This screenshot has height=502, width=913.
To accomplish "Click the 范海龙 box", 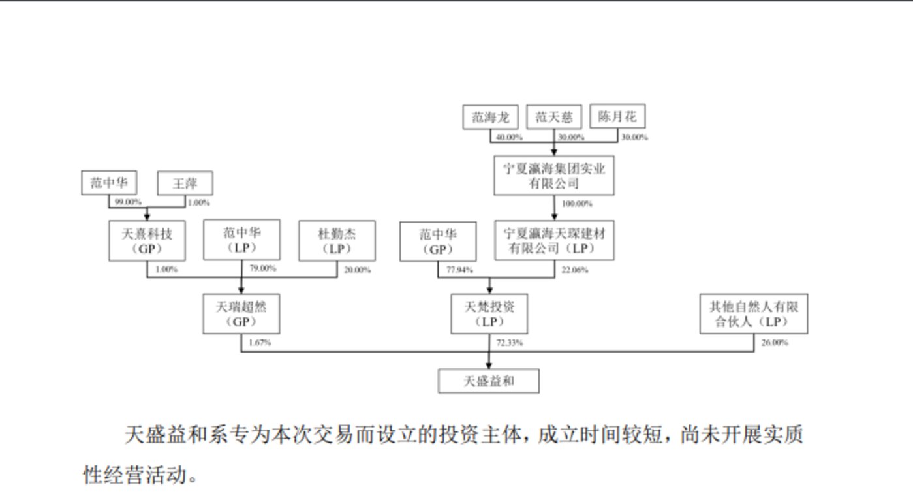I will (490, 118).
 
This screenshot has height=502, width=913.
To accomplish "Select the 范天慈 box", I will (553, 118).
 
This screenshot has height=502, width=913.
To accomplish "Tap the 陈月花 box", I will (617, 118).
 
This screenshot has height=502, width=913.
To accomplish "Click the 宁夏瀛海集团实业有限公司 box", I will (553, 176).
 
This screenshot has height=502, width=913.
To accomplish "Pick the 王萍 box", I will (185, 183).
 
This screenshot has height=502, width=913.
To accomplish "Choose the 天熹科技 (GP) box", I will (147, 240).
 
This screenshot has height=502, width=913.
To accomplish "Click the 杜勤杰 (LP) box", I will (337, 240).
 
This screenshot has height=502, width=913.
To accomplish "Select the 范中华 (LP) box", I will (241, 240).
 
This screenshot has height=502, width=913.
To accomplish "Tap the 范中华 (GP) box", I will (438, 241).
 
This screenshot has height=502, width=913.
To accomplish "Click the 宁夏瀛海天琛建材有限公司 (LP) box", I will (553, 241).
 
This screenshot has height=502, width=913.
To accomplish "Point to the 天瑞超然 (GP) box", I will (241, 313).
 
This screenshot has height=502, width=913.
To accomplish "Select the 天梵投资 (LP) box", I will (489, 313).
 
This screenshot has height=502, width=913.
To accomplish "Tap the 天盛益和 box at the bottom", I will (488, 381).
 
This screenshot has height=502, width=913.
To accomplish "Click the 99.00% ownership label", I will (128, 202).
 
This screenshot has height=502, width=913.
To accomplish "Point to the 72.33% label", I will (508, 343).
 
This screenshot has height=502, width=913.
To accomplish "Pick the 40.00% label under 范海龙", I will (509, 138).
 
